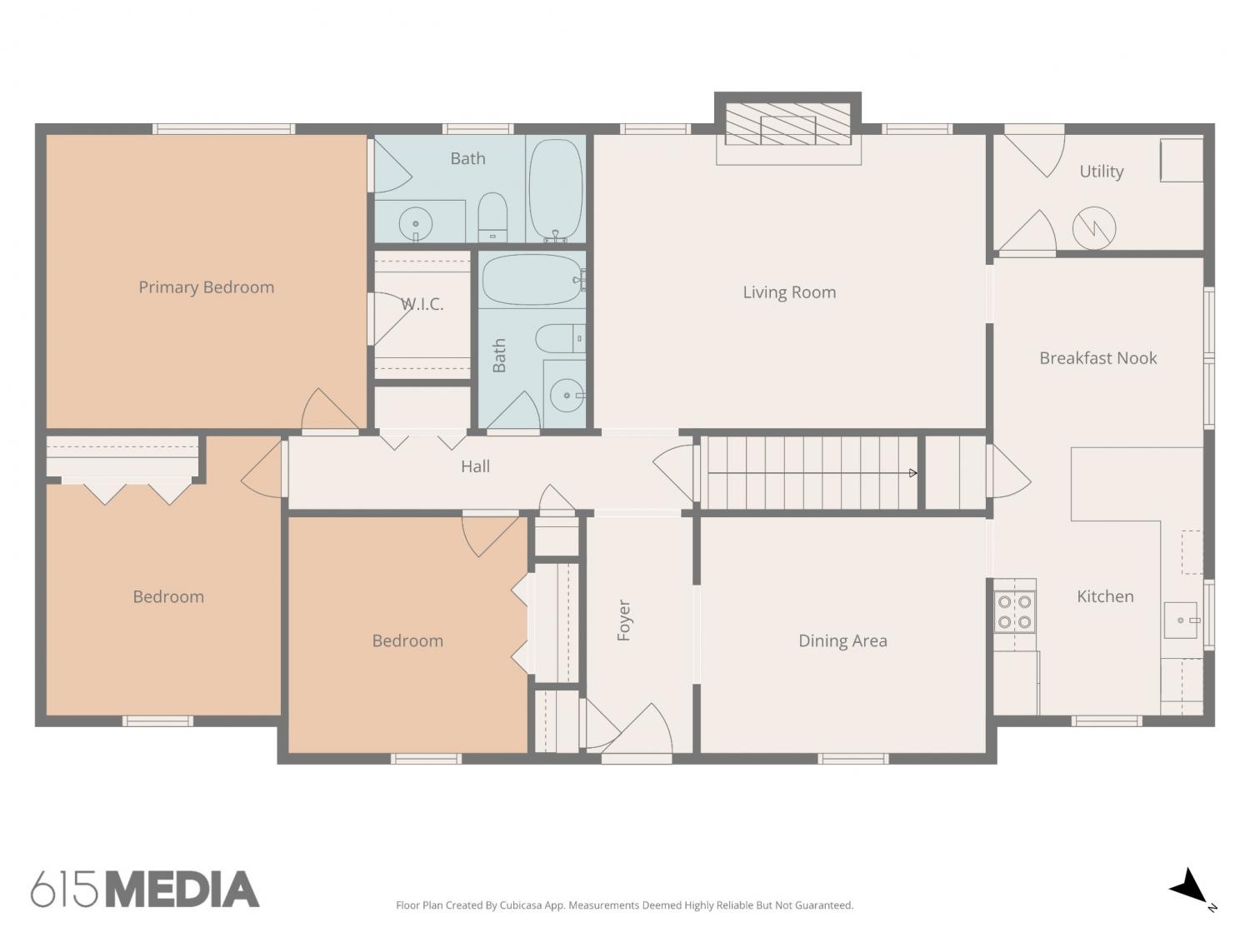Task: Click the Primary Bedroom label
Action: (x=206, y=287)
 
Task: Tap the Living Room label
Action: (x=789, y=292)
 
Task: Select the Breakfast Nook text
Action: (x=1098, y=358)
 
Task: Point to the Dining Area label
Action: (x=842, y=641)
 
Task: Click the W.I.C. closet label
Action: (x=422, y=304)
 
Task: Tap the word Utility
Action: (x=1102, y=172)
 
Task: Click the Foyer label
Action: (x=624, y=621)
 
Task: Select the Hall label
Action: (x=475, y=466)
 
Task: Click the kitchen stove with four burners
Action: (x=1014, y=612)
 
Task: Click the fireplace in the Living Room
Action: (x=787, y=124)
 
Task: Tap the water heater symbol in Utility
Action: (x=1094, y=228)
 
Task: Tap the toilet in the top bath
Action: (x=492, y=217)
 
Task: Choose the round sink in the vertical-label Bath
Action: (x=567, y=395)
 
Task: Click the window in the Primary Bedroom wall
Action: (x=224, y=129)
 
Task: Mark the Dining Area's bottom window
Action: (x=853, y=759)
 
